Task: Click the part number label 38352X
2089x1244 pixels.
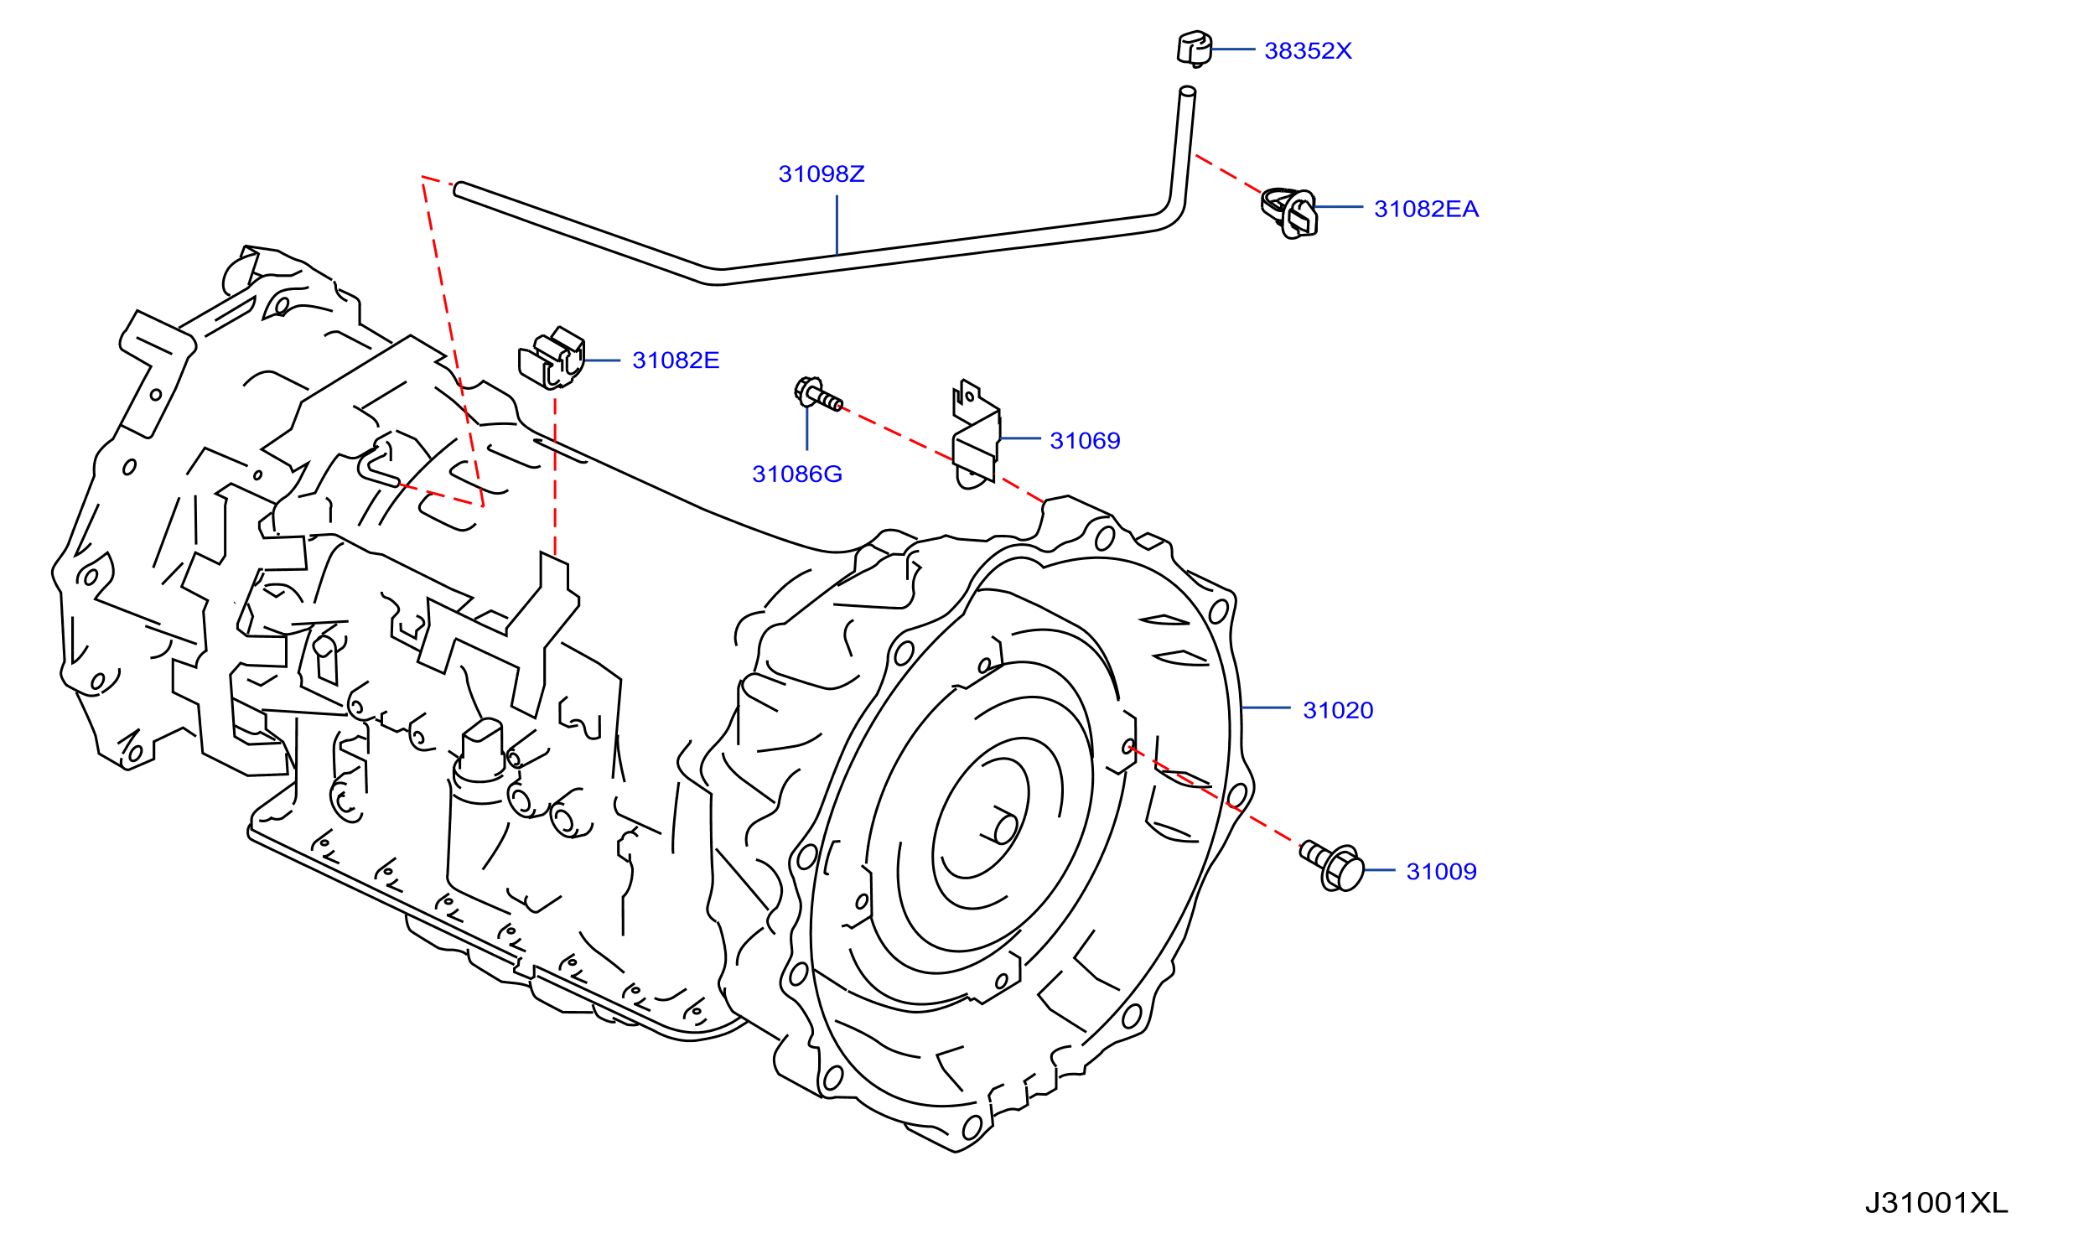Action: pos(1308,51)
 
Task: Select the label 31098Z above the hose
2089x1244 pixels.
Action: pos(822,174)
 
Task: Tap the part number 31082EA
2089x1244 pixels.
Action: pos(1426,210)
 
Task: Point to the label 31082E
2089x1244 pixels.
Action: pos(676,360)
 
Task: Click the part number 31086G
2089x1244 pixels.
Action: pos(797,474)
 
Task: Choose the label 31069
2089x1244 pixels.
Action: pos(1085,441)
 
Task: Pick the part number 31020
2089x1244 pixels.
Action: pos(1338,711)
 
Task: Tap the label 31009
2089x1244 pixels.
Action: pos(1441,872)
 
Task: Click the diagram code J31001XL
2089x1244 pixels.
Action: pos(1936,1204)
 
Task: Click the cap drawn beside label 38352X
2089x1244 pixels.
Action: pos(1194,49)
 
